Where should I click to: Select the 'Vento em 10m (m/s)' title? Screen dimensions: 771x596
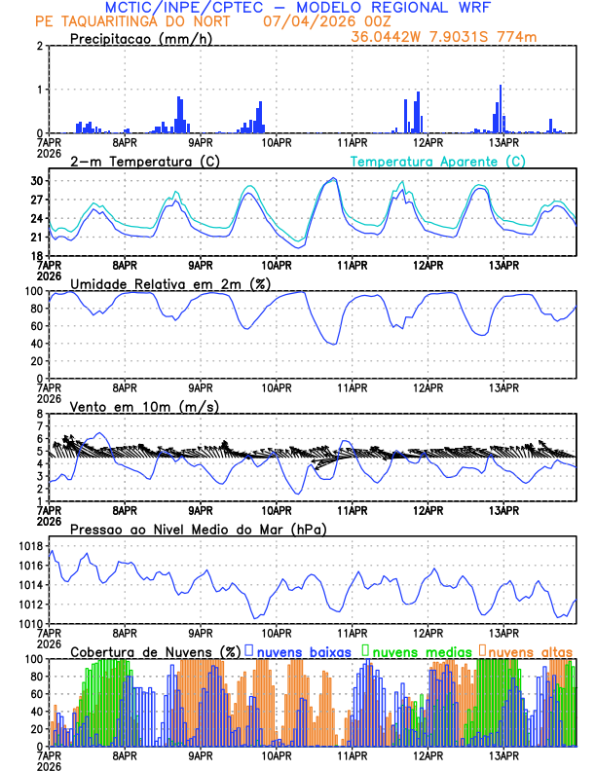(144, 406)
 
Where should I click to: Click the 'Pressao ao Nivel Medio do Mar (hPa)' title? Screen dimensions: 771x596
(198, 529)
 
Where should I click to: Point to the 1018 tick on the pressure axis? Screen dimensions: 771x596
(31, 546)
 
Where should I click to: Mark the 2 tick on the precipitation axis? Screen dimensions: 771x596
(40, 46)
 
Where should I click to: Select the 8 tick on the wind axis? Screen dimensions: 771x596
(40, 414)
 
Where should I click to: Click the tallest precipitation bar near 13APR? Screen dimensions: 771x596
(501, 109)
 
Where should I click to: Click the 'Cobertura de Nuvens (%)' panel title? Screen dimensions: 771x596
(154, 650)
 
